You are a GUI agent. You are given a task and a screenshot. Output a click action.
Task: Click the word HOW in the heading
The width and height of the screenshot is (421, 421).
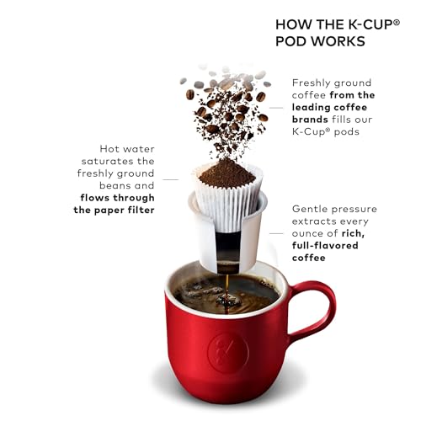(293, 24)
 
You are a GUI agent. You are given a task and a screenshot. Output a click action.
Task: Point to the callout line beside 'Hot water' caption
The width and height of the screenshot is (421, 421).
(171, 179)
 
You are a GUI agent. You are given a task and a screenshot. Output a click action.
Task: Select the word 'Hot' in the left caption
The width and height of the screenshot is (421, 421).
(112, 147)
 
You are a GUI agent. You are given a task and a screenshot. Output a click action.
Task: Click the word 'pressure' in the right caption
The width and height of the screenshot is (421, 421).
(356, 208)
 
